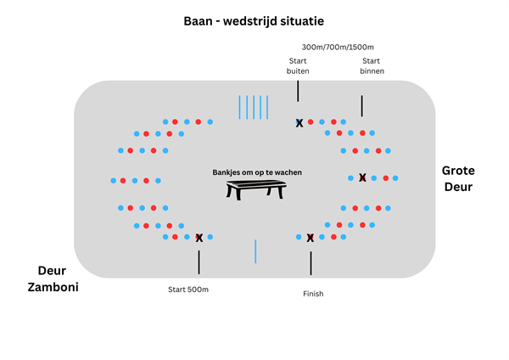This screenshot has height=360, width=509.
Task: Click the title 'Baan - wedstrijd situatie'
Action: [x=255, y=20]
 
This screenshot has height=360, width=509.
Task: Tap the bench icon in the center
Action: [x=256, y=190]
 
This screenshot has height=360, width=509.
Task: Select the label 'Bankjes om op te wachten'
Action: [x=256, y=172]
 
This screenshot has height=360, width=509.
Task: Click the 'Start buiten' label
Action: [x=298, y=66]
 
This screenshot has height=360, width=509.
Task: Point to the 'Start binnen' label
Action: [x=372, y=66]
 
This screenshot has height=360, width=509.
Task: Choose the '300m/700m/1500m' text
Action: [x=337, y=47]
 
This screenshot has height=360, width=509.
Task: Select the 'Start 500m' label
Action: [x=188, y=290]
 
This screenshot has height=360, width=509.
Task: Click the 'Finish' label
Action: [x=313, y=294]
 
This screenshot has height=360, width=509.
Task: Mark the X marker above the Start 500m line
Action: [x=199, y=239]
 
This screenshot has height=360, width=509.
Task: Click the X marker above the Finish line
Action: [x=310, y=239]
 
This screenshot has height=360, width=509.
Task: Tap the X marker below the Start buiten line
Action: [x=299, y=123]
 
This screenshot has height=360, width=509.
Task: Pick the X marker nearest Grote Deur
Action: [x=362, y=178]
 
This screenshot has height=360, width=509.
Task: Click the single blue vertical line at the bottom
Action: [x=255, y=251]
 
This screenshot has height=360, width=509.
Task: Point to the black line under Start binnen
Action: [x=362, y=105]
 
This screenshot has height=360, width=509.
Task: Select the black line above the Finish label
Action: [x=310, y=263]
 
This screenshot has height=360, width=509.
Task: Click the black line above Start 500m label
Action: [x=199, y=262]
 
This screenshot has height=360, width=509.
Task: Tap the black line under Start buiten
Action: [x=298, y=91]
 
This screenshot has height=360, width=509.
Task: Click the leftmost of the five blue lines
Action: [x=240, y=107]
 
